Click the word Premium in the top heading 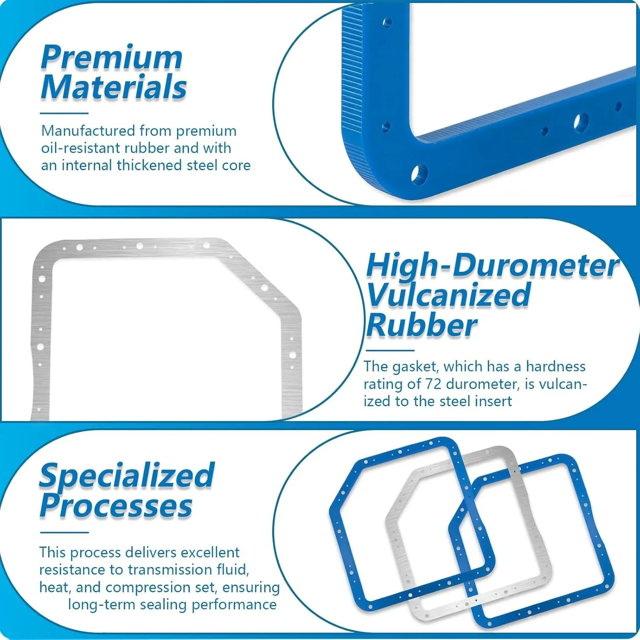point(112,57)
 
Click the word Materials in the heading point(114,87)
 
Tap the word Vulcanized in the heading point(449,295)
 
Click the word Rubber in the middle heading point(421,325)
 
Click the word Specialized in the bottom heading point(127,475)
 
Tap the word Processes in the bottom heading point(116,506)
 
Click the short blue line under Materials point(64,113)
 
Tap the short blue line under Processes point(64,532)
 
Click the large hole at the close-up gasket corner point(419,174)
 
